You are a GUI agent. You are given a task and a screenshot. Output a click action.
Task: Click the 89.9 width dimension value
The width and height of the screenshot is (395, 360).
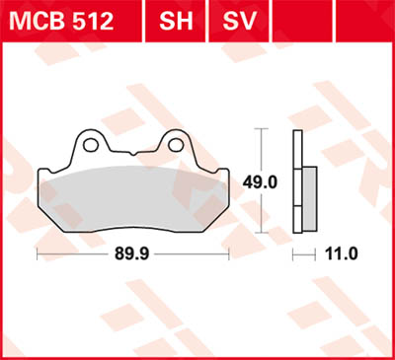133,253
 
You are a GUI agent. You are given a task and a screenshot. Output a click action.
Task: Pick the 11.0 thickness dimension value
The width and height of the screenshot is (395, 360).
340,253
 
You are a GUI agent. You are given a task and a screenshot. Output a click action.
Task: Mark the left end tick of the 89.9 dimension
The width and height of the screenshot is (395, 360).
37,253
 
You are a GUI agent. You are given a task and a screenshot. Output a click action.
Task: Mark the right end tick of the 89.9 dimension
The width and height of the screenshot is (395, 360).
231,253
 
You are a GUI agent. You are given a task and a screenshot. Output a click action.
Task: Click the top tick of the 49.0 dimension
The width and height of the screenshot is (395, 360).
260,129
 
